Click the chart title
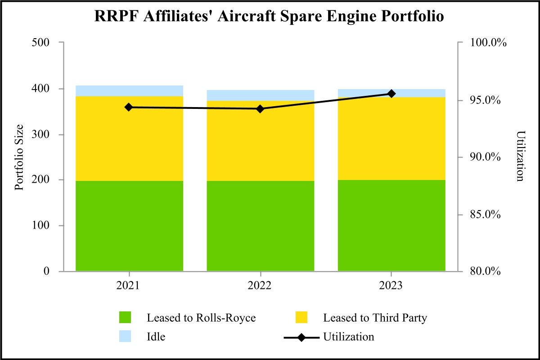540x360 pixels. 270,16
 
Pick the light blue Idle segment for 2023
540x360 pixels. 391,93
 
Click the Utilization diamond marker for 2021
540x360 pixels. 129,107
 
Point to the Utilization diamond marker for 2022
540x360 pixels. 260,109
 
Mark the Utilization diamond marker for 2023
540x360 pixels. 391,94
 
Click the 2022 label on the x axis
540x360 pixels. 260,286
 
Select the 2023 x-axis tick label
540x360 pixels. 391,286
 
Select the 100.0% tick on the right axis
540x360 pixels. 488,43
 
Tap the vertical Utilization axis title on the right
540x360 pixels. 521,156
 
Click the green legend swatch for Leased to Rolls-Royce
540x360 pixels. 126,318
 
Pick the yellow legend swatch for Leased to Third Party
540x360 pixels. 302,318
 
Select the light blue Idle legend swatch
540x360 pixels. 126,337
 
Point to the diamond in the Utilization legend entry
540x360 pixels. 302,337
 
